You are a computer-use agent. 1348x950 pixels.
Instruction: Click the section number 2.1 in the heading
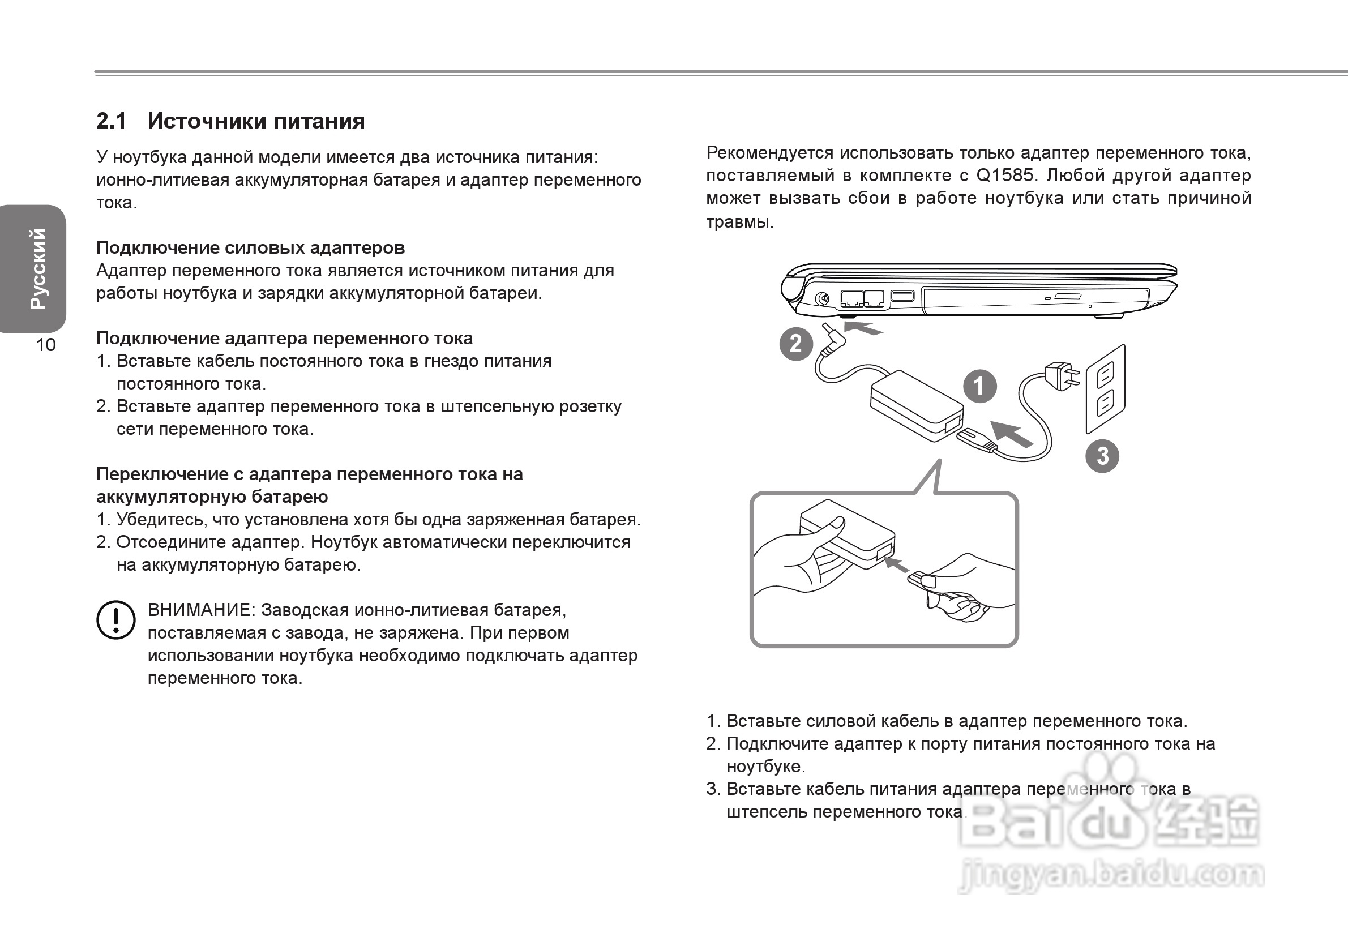click(111, 121)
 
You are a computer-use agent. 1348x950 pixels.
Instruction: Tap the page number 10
click(46, 345)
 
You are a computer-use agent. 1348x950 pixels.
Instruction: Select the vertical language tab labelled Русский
click(37, 268)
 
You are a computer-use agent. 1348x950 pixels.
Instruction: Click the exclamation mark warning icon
click(115, 619)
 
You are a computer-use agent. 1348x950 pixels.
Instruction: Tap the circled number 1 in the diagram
click(979, 386)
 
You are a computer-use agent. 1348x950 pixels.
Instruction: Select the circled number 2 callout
click(795, 344)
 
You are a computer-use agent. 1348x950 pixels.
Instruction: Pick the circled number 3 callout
click(1102, 456)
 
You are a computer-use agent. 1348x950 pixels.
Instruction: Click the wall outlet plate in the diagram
click(1106, 389)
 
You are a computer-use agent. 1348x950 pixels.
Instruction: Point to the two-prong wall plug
click(1062, 376)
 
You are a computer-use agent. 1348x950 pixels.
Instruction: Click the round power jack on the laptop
click(823, 299)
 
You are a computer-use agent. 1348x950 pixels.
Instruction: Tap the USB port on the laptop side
click(902, 296)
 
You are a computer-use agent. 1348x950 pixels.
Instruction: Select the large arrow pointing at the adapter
click(1011, 434)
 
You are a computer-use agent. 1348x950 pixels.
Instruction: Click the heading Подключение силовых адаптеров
click(250, 248)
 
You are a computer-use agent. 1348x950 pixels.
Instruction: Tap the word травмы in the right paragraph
click(739, 222)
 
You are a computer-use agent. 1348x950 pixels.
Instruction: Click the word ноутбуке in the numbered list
click(765, 766)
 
